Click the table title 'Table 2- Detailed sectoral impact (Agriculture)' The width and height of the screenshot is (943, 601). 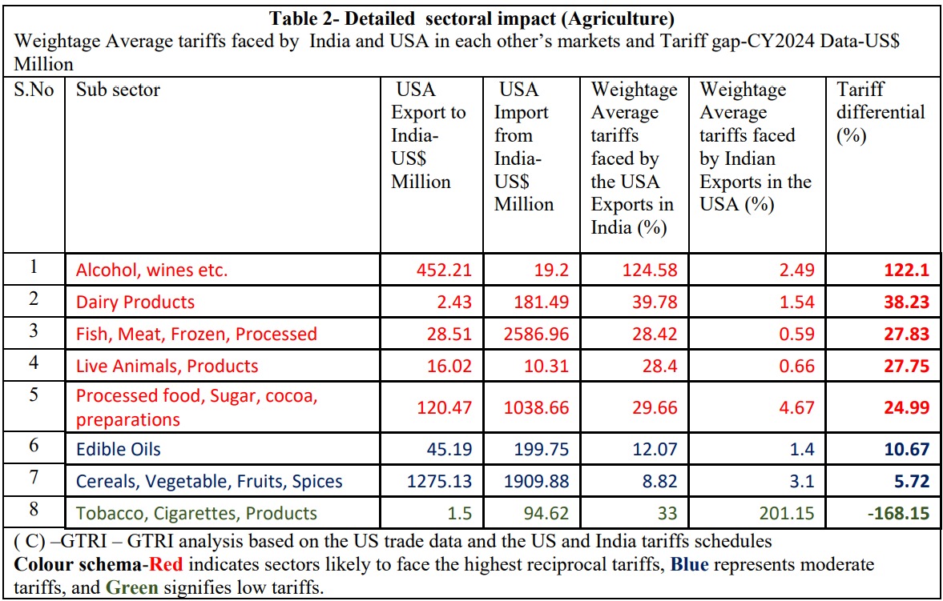pyautogui.click(x=471, y=18)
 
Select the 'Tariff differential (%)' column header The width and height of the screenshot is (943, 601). pyautogui.click(x=880, y=113)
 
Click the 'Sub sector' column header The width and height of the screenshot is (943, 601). pyautogui.click(x=118, y=90)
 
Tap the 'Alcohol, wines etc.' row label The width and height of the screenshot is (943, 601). pyautogui.click(x=151, y=270)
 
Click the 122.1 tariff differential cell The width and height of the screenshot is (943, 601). pyautogui.click(x=906, y=270)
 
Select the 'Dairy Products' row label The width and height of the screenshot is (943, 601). pyautogui.click(x=135, y=302)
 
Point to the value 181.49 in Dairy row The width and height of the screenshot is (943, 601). pyautogui.click(x=542, y=302)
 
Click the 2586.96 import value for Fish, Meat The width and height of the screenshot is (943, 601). pyautogui.click(x=530, y=334)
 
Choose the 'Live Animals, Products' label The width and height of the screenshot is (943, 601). pyautogui.click(x=167, y=366)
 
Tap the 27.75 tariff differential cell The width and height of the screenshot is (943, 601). pyautogui.click(x=905, y=366)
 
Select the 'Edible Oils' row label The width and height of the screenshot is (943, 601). pyautogui.click(x=118, y=449)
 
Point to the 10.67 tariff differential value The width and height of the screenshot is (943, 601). pyautogui.click(x=905, y=449)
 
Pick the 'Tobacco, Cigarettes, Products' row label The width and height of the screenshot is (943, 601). pyautogui.click(x=196, y=513)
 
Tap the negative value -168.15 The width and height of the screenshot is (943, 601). pyautogui.click(x=897, y=513)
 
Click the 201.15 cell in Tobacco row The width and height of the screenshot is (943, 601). pyautogui.click(x=787, y=513)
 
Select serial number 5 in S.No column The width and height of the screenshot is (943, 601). pyautogui.click(x=34, y=395)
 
